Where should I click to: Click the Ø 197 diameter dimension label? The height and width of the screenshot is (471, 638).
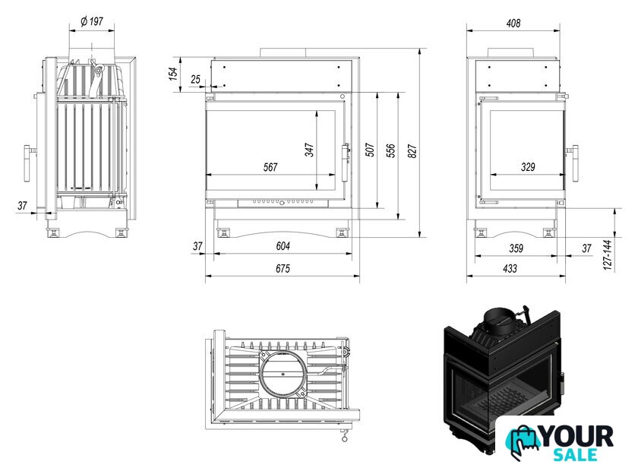click(x=92, y=21)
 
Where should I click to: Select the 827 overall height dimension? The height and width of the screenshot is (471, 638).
click(x=412, y=151)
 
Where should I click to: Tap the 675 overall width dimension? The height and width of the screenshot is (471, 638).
click(x=283, y=268)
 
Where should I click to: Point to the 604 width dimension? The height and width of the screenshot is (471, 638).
click(x=283, y=246)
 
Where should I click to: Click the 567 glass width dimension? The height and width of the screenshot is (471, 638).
click(x=270, y=167)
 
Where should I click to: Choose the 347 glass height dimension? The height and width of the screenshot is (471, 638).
click(x=309, y=150)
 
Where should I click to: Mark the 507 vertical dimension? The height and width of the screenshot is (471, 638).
click(x=369, y=150)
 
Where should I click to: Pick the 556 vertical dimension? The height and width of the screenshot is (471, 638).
click(x=390, y=150)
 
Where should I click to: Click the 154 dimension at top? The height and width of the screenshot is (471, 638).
click(x=173, y=74)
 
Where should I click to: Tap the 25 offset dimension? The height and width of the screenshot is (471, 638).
click(x=196, y=79)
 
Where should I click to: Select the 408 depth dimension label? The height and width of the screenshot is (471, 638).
click(x=513, y=24)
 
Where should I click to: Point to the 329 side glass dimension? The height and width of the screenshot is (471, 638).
click(x=528, y=166)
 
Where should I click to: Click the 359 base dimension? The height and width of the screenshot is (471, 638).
click(x=516, y=248)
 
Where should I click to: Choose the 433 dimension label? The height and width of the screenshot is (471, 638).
click(x=510, y=268)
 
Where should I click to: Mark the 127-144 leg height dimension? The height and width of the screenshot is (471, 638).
click(x=608, y=254)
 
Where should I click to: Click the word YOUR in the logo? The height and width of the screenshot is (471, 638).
click(x=577, y=437)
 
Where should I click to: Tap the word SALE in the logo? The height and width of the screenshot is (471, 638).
click(x=575, y=455)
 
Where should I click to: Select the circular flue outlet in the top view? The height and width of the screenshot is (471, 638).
click(x=282, y=373)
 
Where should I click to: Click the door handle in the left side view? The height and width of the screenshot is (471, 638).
click(x=27, y=163)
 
